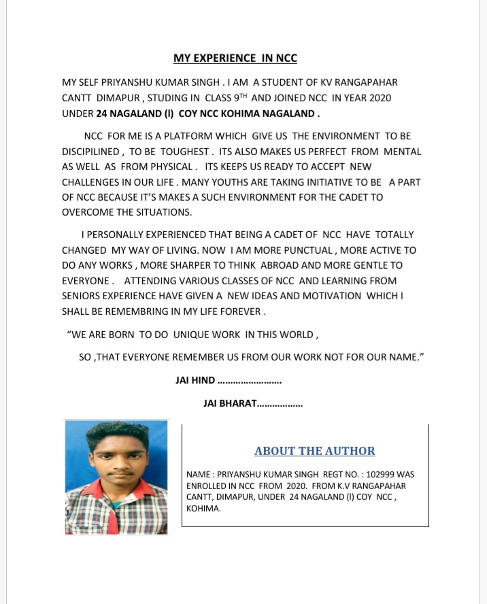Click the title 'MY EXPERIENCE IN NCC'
[235, 58]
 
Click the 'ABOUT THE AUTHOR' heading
[314, 451]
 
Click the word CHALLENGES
[93, 182]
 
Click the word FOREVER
[239, 311]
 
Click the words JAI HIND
[195, 380]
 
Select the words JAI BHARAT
[230, 403]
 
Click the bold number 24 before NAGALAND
[103, 114]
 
